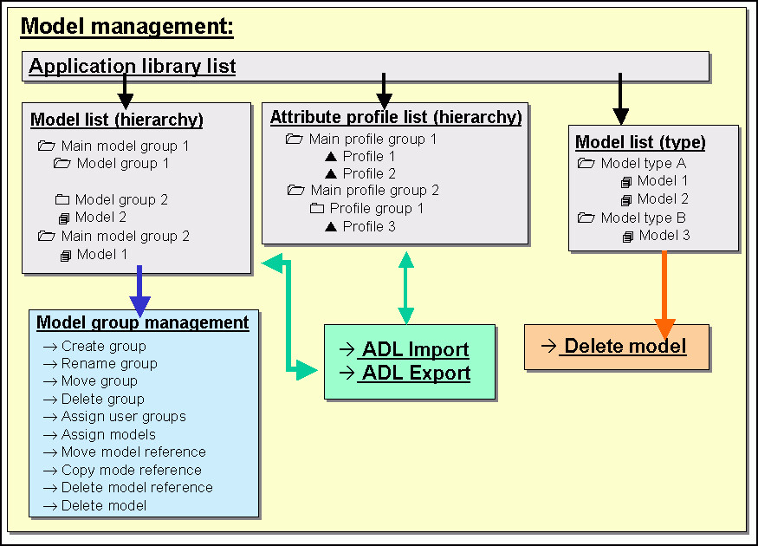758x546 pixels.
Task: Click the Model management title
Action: click(126, 27)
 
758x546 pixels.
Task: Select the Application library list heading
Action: click(133, 66)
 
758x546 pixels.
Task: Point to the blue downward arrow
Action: click(139, 291)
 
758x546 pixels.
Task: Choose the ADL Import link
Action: click(415, 349)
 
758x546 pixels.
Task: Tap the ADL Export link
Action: click(416, 373)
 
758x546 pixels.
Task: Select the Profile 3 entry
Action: click(369, 226)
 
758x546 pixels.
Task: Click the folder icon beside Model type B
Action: click(586, 218)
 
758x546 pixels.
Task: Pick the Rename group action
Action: click(109, 364)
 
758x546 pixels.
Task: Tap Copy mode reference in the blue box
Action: click(132, 470)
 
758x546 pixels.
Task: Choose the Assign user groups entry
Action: click(124, 416)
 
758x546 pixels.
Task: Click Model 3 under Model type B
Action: click(664, 236)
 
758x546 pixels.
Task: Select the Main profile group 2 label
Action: click(374, 190)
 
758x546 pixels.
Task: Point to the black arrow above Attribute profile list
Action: click(384, 91)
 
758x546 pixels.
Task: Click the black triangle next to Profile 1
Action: click(331, 156)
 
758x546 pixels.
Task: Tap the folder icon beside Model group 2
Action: click(62, 199)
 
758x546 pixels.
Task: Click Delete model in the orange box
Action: click(625, 347)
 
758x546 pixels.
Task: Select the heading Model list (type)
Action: click(640, 142)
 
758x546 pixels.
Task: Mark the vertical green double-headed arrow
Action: click(405, 288)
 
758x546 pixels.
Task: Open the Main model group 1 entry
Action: click(125, 146)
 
